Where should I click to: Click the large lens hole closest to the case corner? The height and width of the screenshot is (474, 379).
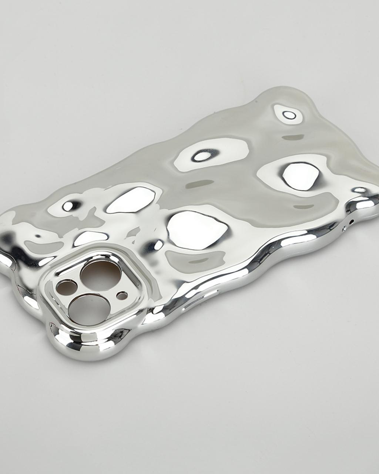point(89,310)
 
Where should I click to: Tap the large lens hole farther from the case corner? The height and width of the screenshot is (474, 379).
point(100,274)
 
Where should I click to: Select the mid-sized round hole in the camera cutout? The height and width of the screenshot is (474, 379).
point(67,287)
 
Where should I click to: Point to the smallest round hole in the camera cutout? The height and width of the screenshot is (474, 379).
point(122,296)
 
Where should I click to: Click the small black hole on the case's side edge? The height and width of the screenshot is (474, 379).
point(351,221)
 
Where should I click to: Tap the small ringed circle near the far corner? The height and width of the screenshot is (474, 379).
point(289,115)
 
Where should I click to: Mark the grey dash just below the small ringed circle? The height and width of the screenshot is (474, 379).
point(293,137)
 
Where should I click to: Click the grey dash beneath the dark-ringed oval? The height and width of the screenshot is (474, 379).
point(200,184)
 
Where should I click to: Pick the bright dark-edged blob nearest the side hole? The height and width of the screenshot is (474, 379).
point(301,176)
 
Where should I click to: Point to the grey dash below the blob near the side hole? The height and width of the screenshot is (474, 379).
point(303,207)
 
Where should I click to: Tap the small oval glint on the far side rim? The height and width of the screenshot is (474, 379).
point(359,190)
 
